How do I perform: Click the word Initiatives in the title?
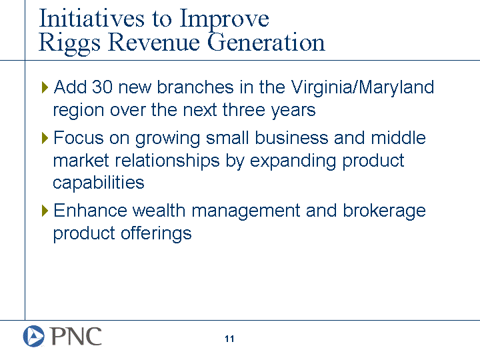[x=92, y=19]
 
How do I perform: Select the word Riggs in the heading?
[x=69, y=43]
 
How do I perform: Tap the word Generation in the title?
[x=266, y=42]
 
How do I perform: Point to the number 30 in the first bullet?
[x=102, y=87]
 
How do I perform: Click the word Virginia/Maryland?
[x=362, y=88]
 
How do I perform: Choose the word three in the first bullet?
[x=244, y=109]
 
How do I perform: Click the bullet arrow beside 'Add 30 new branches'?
[x=45, y=87]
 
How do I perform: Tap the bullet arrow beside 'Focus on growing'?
[x=45, y=138]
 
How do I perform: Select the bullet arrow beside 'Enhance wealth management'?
[x=45, y=211]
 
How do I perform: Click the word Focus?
[x=79, y=138]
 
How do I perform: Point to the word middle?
[x=398, y=138]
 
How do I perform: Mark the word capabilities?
[x=99, y=184]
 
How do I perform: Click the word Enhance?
[x=90, y=211]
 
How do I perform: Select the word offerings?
[x=156, y=234]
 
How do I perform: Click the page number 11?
[x=229, y=339]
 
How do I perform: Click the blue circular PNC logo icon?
[x=34, y=336]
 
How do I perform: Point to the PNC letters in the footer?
[x=76, y=336]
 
